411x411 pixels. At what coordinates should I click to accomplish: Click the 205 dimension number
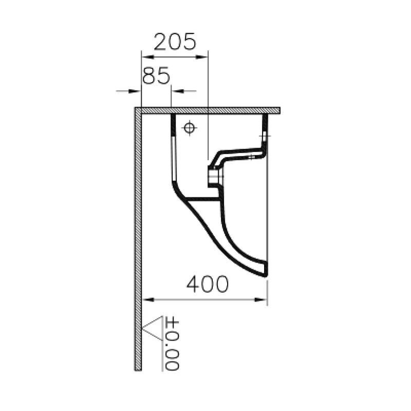click(175, 41)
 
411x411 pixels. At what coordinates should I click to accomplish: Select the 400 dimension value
click(207, 284)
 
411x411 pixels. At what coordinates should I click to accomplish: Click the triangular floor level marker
click(152, 328)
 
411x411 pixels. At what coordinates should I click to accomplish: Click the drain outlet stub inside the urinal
click(214, 178)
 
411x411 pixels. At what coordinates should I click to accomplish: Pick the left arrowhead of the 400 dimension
click(145, 300)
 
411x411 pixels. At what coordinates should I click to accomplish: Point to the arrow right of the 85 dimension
click(175, 91)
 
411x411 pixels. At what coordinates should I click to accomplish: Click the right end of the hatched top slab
click(278, 110)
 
